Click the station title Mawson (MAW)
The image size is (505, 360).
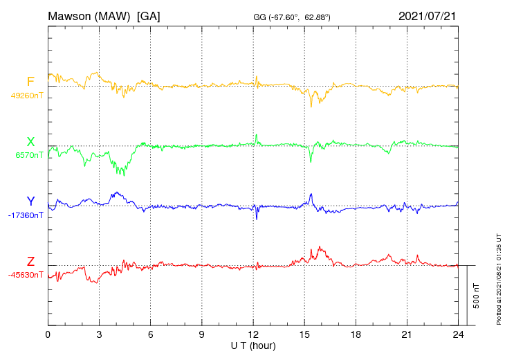click(89, 16)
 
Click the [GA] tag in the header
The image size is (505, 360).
click(149, 16)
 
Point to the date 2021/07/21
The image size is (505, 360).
click(428, 16)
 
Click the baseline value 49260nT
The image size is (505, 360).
click(26, 96)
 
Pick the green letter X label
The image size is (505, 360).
click(30, 142)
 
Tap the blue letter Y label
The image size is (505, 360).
click(30, 201)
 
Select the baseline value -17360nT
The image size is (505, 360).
click(26, 215)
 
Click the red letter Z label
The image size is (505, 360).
click(30, 262)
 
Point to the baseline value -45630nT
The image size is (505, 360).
click(26, 275)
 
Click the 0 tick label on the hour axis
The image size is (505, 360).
click(48, 335)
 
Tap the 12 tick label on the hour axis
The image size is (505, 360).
click(253, 335)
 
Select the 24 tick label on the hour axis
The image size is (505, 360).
click(458, 335)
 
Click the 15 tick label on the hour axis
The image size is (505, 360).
click(304, 335)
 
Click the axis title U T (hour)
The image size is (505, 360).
click(253, 345)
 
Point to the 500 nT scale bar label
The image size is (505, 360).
click(477, 295)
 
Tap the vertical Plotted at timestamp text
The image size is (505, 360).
click(499, 277)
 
